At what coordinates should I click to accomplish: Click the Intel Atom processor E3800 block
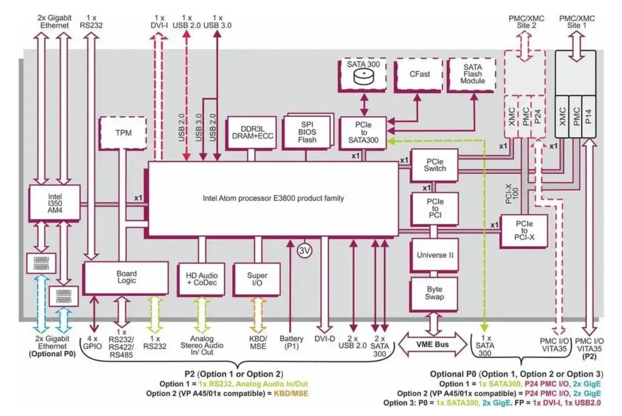pos(273,199)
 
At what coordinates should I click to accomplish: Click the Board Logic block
pos(126,277)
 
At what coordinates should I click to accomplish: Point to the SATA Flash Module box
pos(474,73)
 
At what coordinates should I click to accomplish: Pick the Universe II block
pos(434,255)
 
